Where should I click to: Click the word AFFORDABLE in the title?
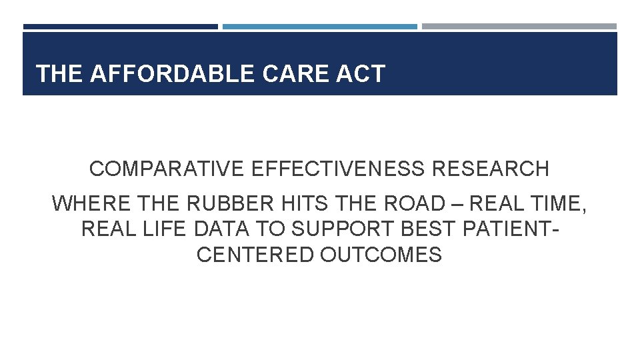[x=173, y=74]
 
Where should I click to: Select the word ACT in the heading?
[x=361, y=74]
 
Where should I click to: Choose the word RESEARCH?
[x=491, y=169]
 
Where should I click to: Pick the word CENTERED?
[x=255, y=255]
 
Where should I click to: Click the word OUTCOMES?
[x=381, y=255]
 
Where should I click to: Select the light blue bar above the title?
[x=320, y=27]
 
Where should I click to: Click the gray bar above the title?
[x=519, y=27]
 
